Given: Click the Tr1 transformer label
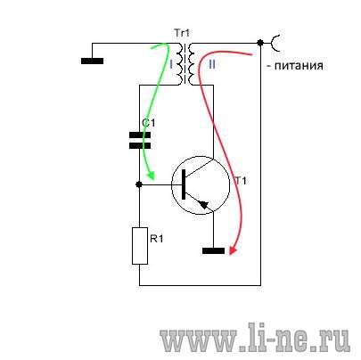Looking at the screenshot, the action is (182, 33).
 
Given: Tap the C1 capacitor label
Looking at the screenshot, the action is (149, 123).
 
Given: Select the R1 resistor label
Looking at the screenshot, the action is (157, 239).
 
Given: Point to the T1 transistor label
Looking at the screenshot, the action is (241, 181).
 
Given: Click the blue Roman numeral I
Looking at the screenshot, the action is (171, 64).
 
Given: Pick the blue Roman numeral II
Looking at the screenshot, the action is (212, 64).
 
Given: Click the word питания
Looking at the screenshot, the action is (299, 65).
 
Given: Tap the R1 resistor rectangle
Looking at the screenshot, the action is (140, 246).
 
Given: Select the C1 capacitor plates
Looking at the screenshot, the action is (140, 141).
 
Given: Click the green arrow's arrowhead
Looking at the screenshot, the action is (151, 176).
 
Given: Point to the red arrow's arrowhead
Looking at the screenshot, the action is (233, 251).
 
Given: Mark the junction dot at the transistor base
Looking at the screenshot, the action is (139, 184).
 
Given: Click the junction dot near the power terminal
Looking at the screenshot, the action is (260, 43).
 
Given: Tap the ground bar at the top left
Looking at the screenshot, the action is (92, 61).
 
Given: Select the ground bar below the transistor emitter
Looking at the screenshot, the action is (213, 251).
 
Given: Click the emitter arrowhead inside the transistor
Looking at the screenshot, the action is (204, 205).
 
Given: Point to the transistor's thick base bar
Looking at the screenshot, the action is (184, 184).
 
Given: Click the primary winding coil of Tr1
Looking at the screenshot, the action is (179, 64).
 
